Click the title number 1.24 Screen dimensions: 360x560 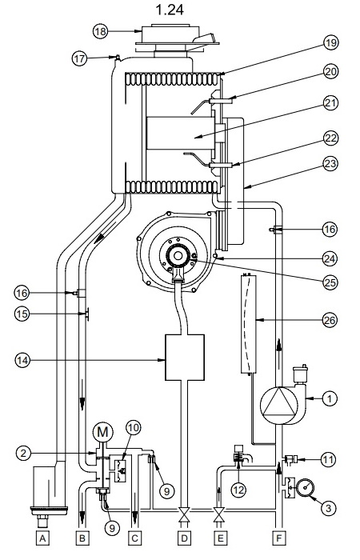[x=170, y=10]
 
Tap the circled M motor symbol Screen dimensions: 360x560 [x=102, y=433]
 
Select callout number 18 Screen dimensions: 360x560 [x=101, y=31]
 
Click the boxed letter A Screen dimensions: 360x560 [x=42, y=538]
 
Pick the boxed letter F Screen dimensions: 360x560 [x=279, y=538]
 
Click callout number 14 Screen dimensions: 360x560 [x=22, y=360]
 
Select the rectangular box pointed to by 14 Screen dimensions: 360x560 [x=185, y=358]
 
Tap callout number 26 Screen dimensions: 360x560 [x=330, y=320]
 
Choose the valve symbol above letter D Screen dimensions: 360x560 [x=184, y=515]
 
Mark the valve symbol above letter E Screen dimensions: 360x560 [x=219, y=515]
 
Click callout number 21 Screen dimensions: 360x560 [x=330, y=103]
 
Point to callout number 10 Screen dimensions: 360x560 [x=133, y=428]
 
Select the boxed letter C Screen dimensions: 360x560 [x=134, y=538]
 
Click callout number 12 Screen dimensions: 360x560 [x=238, y=490]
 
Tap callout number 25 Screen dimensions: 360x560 [x=330, y=282]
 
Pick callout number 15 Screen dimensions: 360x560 [x=22, y=314]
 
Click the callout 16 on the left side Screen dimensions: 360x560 [x=22, y=294]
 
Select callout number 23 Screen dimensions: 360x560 [x=330, y=163]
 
